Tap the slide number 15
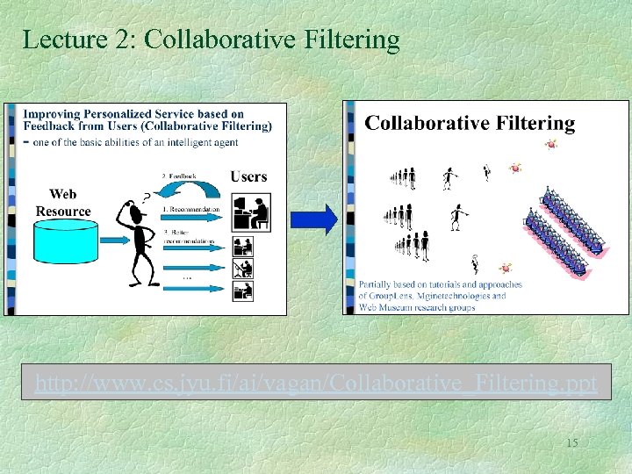[x=571, y=442]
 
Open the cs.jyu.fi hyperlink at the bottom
[x=315, y=384]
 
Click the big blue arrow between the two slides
[x=325, y=219]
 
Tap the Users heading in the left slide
[x=248, y=176]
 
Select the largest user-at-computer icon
[x=252, y=212]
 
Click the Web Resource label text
[x=63, y=203]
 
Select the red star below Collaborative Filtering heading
[x=551, y=145]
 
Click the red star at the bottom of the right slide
[x=506, y=268]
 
